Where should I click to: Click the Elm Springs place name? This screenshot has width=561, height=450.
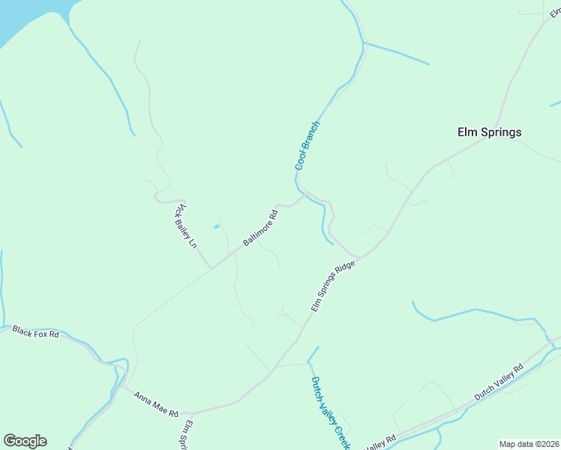pyautogui.click(x=489, y=132)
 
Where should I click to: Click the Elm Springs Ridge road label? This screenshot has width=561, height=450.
pyautogui.click(x=332, y=286)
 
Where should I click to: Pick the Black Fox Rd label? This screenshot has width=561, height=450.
pyautogui.click(x=35, y=332)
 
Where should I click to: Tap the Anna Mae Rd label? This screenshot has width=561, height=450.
pyautogui.click(x=155, y=403)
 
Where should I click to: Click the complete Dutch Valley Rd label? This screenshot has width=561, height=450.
pyautogui.click(x=498, y=383)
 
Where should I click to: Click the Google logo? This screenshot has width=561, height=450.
pyautogui.click(x=25, y=441)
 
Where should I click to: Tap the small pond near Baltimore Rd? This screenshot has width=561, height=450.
pyautogui.click(x=216, y=226)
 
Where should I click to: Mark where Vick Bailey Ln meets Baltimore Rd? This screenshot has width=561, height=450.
pyautogui.click(x=211, y=267)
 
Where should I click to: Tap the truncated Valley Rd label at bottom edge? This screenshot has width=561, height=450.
pyautogui.click(x=381, y=444)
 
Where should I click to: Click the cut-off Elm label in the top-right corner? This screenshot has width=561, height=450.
pyautogui.click(x=556, y=13)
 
